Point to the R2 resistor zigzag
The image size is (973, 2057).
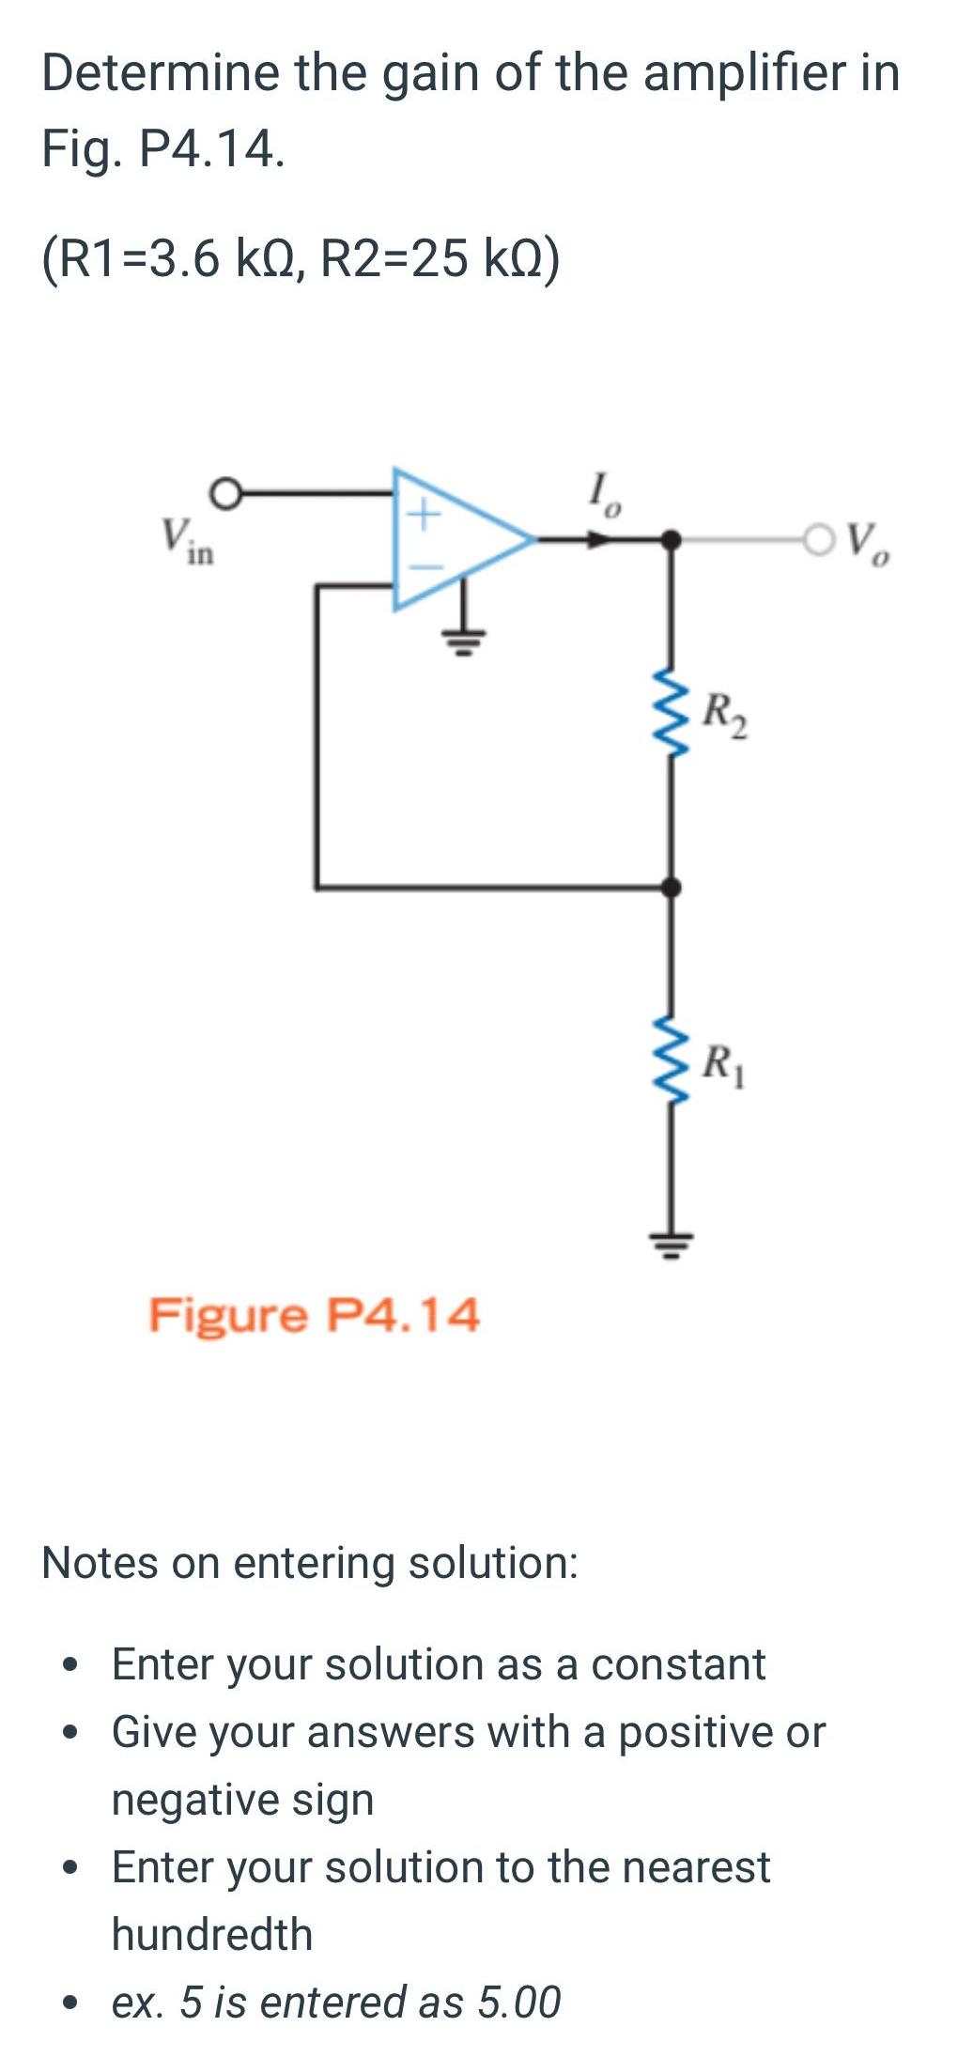669,712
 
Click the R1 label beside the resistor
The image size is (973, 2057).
726,1065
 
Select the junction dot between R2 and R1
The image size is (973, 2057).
670,886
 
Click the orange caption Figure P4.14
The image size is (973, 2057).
315,1315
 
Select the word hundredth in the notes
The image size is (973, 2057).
212,1934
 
